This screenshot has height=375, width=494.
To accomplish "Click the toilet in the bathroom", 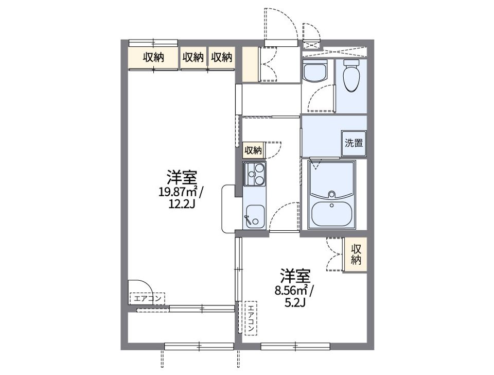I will click(x=351, y=76).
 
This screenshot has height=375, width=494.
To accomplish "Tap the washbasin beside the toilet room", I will click(x=315, y=72).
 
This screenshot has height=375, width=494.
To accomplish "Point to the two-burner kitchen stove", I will click(x=254, y=175).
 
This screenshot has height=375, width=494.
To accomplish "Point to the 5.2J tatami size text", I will click(x=294, y=302).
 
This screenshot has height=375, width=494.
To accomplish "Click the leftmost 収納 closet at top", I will click(x=153, y=58).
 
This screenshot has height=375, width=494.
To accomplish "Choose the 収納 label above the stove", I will click(x=253, y=150).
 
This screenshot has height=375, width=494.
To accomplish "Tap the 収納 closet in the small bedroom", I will click(x=356, y=254).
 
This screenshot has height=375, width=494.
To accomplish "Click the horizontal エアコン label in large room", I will click(x=148, y=298).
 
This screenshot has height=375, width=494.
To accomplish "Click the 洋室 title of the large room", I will click(x=181, y=178).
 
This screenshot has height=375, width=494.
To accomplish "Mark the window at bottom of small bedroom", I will click(x=295, y=346).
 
